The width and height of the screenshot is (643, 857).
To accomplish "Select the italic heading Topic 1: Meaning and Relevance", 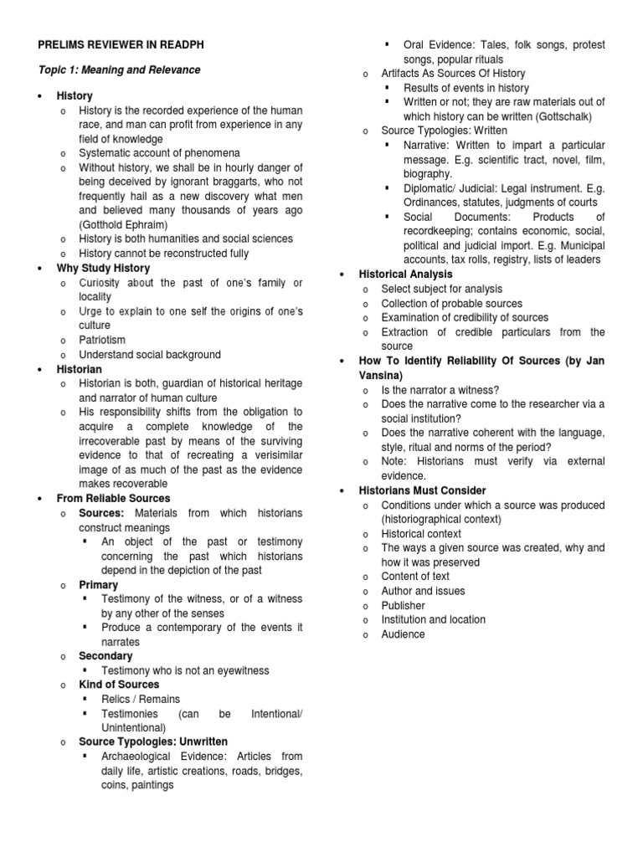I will pos(117,69).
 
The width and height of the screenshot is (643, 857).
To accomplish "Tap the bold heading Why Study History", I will pos(103,268).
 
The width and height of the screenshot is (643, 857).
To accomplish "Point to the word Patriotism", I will pos(102,340).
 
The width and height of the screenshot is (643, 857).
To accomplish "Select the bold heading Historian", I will pos(80,369).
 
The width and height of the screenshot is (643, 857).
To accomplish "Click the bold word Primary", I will pos(98,585).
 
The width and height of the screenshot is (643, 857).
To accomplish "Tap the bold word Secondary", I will pos(105,656).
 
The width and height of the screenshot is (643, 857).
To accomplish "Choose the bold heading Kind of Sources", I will pos(119,685).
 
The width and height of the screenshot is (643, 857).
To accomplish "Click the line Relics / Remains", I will pos(141,699).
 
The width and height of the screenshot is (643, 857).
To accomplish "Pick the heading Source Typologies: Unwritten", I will pos(153,742).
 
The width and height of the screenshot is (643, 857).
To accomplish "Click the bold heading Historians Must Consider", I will pos(422,490).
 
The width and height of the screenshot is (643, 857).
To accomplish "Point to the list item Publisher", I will pos(403,605).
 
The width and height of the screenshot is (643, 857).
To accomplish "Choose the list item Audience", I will pos(403,634).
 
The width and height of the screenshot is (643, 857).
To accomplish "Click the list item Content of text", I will pos(415,576).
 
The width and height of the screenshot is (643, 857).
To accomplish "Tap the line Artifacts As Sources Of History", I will pos(453,74).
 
